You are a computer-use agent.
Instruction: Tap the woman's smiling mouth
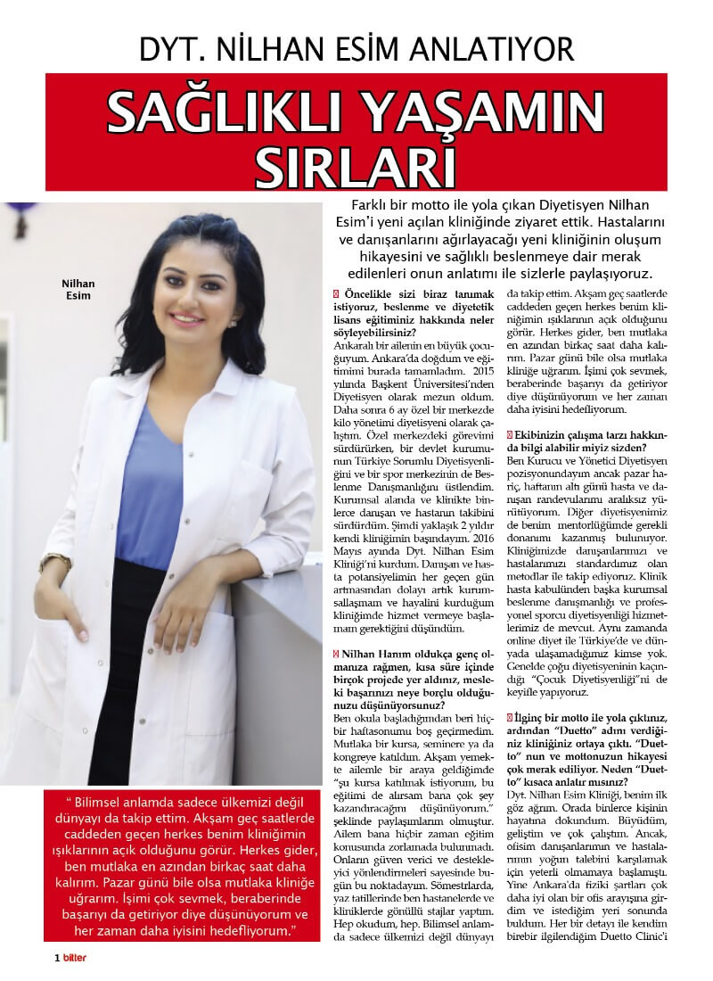(x=188, y=317)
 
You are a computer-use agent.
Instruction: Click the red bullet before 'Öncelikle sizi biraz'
(x=334, y=293)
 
